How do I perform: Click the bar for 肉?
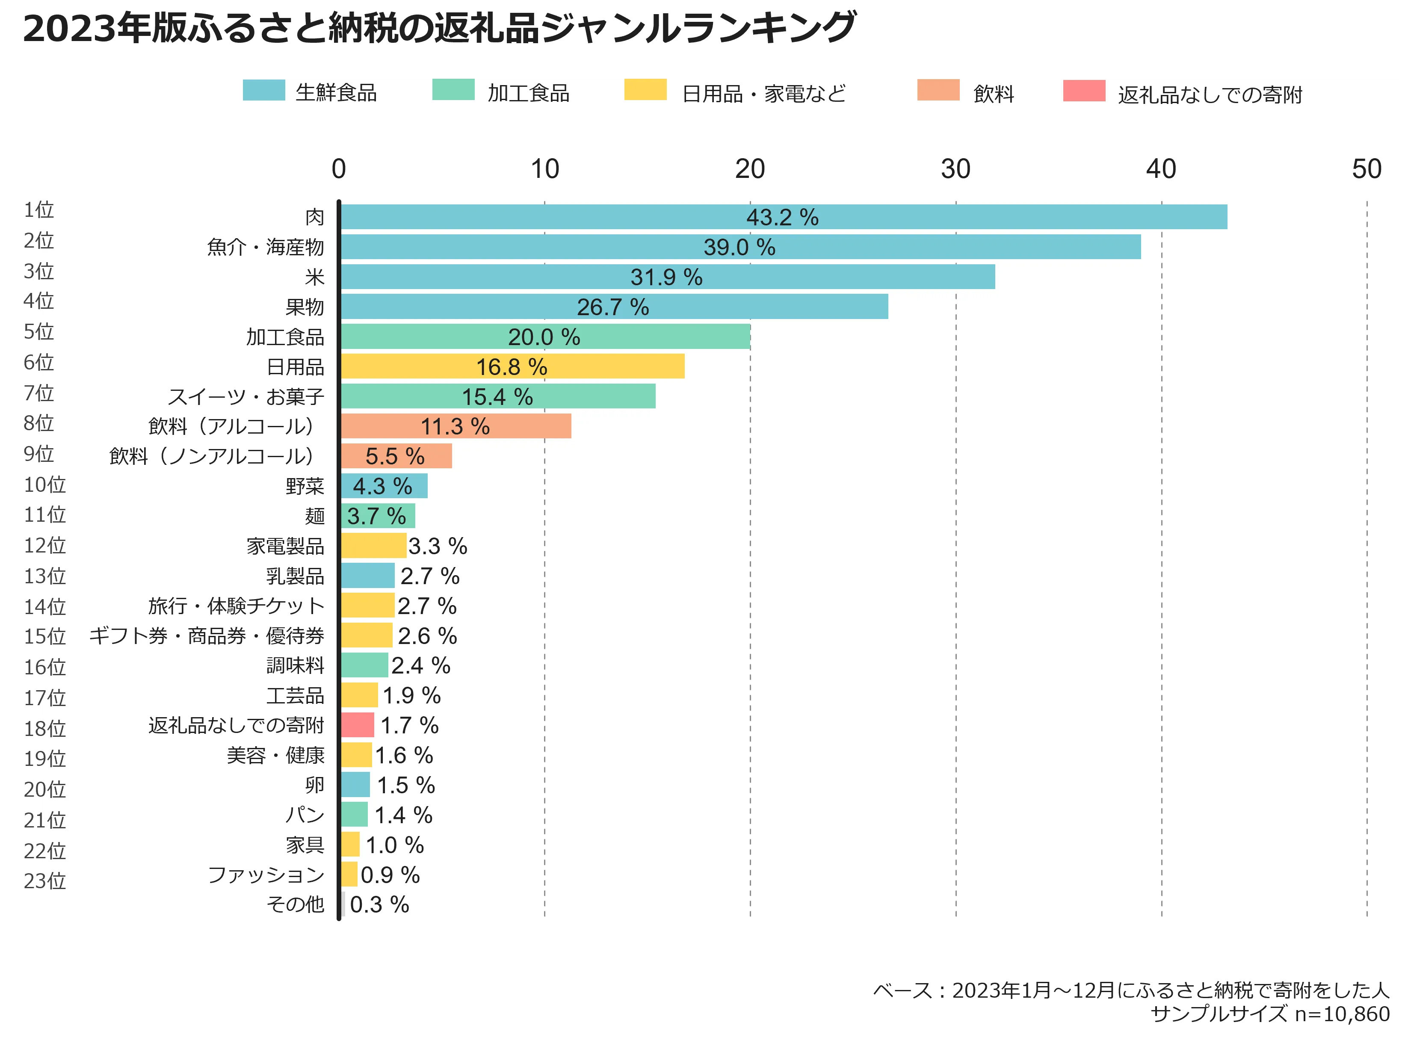tap(784, 217)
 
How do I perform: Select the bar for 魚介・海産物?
tap(740, 247)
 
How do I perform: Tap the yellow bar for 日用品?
tap(512, 366)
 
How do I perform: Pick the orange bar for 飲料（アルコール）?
tap(456, 426)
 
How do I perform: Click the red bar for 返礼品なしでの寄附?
tap(358, 725)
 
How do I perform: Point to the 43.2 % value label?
tap(782, 218)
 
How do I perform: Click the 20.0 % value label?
tap(544, 337)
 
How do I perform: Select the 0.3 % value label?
tap(379, 904)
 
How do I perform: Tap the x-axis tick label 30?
tap(955, 169)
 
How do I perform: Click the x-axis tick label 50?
tap(1367, 169)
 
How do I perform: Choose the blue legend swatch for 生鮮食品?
tap(264, 91)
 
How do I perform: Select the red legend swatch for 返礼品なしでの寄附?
tap(1084, 91)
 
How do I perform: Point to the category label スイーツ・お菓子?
tap(246, 396)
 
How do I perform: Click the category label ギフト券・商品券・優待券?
tap(207, 636)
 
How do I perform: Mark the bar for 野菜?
tap(384, 486)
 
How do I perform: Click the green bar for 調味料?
tap(364, 665)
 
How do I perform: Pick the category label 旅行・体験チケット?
tap(236, 606)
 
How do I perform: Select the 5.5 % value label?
tap(395, 456)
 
